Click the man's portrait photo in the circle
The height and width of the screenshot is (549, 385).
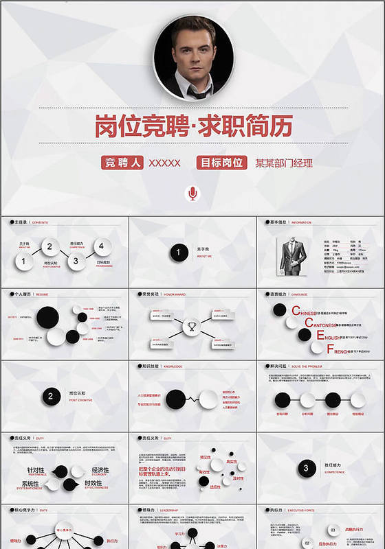pos(192,58)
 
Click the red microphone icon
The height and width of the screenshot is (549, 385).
pos(192,194)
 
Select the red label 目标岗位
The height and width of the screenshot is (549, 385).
pos(221,163)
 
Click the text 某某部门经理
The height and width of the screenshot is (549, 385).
pos(283,163)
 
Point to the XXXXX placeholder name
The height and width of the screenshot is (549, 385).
pos(164,163)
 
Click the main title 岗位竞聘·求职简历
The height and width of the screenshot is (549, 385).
pos(193,126)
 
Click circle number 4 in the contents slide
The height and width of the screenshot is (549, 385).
pos(102,245)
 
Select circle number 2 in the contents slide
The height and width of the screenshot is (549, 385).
pos(49,246)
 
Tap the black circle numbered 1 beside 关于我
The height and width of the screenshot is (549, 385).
pos(179,253)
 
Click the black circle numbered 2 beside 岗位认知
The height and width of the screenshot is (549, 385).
pos(50,396)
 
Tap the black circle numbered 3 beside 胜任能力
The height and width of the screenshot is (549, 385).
pos(305,469)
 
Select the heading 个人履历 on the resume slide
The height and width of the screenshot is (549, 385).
pos(23,293)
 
